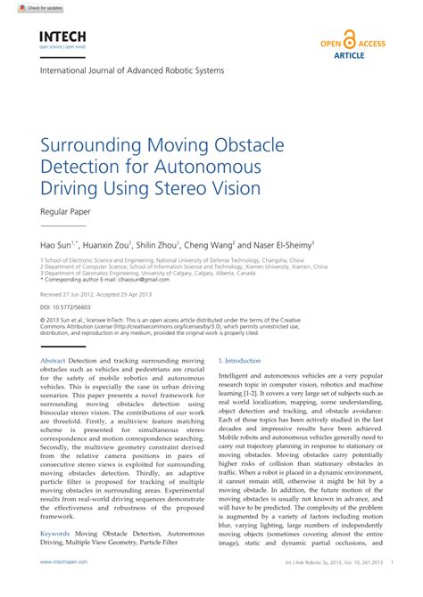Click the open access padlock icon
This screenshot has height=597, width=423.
(x=349, y=39)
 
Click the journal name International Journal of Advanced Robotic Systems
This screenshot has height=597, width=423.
(x=132, y=70)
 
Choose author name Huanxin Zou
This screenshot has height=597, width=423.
(x=105, y=243)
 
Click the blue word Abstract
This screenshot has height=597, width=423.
(x=54, y=360)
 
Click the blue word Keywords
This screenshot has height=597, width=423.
(x=55, y=533)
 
